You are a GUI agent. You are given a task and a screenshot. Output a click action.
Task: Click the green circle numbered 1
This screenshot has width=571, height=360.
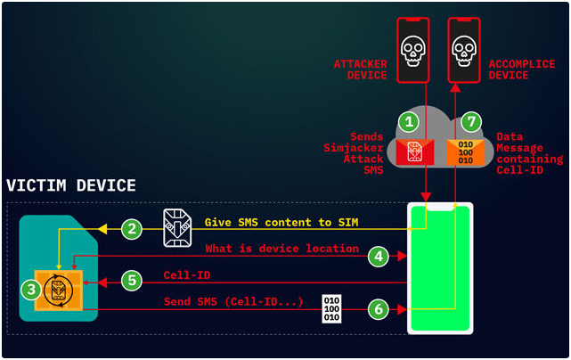point(408,121)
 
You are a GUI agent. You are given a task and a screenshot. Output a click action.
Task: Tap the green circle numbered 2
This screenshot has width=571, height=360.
point(133,229)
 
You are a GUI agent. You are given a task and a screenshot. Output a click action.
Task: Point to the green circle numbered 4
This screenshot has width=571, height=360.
point(379,256)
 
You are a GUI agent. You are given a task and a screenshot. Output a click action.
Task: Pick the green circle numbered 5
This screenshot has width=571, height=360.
point(133,282)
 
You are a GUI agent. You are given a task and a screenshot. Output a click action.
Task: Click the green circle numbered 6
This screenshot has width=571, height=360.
point(379,309)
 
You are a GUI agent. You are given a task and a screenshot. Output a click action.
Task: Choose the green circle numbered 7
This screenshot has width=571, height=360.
point(471,121)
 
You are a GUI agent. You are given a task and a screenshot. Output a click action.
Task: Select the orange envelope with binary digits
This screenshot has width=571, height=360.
point(465,151)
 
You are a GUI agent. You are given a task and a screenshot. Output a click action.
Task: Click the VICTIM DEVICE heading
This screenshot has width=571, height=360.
point(71,186)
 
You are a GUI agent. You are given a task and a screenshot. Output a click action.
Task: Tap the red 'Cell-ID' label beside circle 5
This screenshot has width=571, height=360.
point(186,275)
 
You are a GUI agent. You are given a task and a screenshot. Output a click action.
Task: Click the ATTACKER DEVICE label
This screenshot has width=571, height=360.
point(360,70)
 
